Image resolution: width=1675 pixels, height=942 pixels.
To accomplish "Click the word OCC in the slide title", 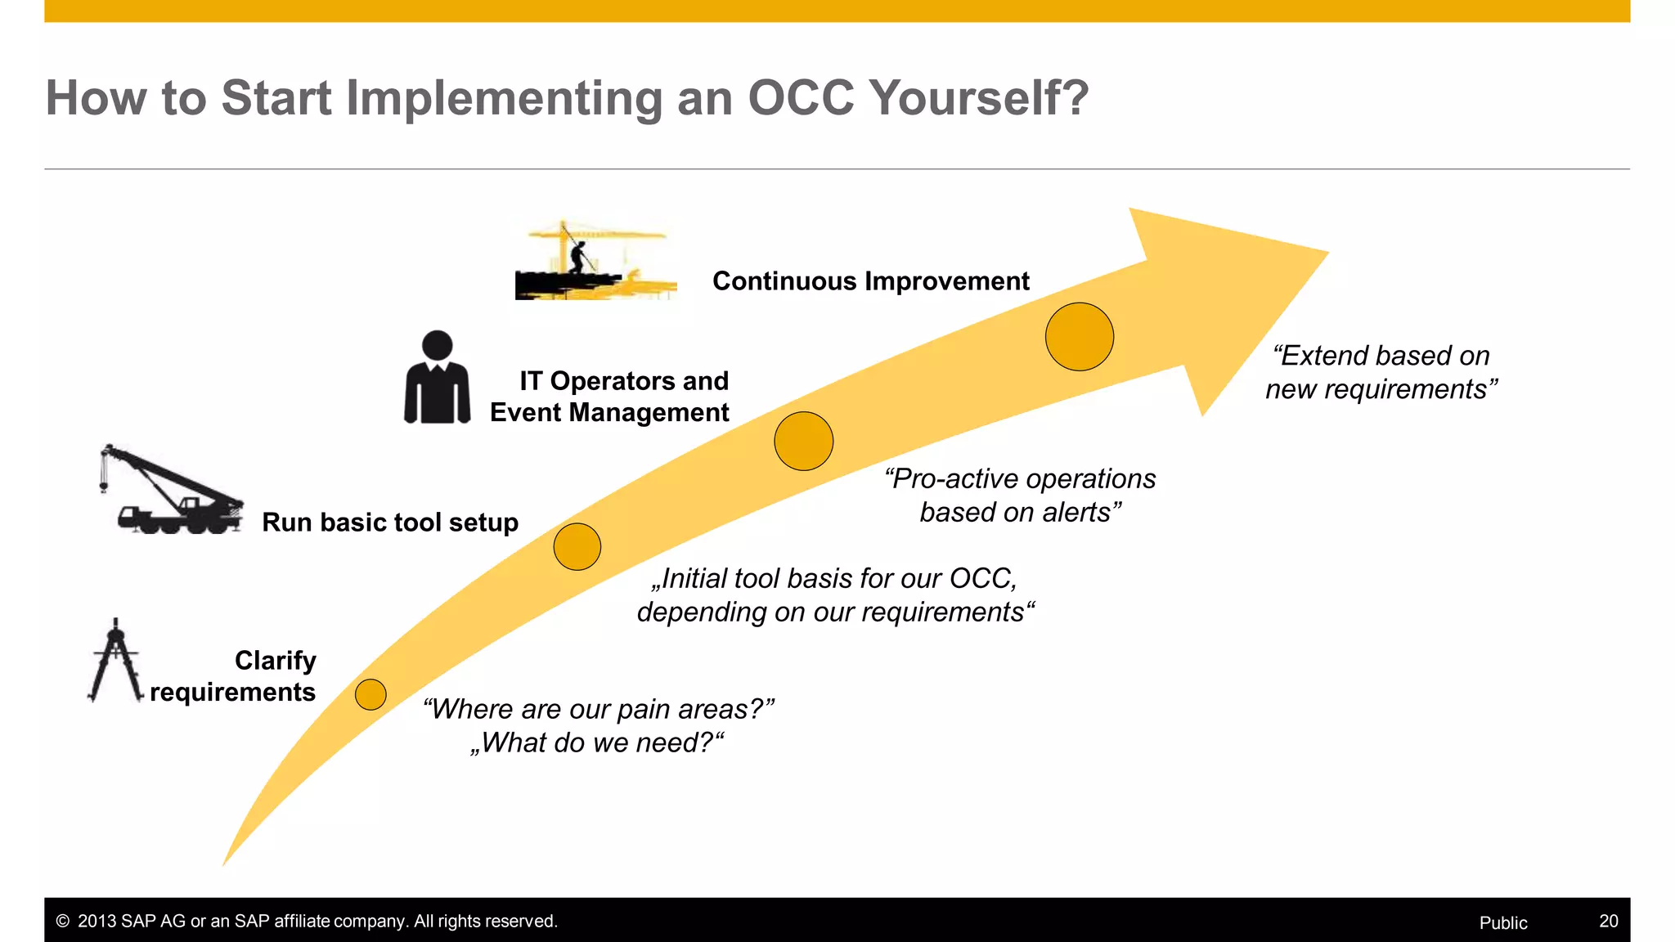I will coord(800,98).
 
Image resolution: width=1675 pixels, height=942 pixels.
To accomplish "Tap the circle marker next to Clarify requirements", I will coord(370,694).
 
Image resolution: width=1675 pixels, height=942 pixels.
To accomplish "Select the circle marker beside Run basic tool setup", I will coord(577,546).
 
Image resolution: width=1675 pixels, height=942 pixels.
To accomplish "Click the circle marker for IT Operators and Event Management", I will coord(803,441).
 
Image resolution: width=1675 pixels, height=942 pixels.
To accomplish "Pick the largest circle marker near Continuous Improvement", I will coord(1079,337).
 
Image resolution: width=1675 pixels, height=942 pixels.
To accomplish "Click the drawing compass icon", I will coord(115,661).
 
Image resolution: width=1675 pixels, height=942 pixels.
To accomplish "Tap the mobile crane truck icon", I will coord(172,491).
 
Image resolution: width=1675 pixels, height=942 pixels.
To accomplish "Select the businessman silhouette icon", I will coord(438,378).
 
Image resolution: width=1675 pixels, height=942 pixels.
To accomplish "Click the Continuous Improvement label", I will coord(870,281).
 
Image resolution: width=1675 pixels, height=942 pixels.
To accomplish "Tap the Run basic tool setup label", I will coord(390,523).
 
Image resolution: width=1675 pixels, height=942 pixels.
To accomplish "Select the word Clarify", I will coord(275,660).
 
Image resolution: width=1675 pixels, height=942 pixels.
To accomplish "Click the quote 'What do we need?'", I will coord(597,742).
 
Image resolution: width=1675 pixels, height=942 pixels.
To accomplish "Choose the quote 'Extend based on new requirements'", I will coord(1381,372).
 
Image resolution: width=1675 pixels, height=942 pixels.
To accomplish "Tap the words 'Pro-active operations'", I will coord(1020,478).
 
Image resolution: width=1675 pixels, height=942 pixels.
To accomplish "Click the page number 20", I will coord(1608,922).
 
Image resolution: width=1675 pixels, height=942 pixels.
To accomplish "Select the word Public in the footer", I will coord(1502,922).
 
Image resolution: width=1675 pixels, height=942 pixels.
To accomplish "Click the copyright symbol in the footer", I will coord(62,922).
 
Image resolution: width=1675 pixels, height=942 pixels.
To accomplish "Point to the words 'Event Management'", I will coord(609,412).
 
